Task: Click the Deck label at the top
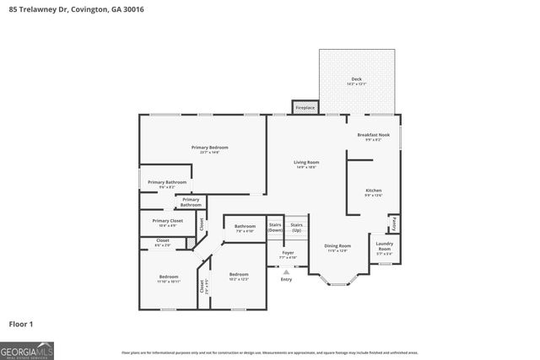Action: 356,79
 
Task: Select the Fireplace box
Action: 305,107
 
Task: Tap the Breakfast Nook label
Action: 373,135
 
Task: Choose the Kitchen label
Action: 373,191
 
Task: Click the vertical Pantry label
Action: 393,224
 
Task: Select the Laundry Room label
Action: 384,247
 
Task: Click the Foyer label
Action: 288,252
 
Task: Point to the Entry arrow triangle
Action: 287,272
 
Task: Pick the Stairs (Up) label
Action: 296,228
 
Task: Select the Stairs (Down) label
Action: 275,228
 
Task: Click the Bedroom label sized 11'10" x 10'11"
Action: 169,277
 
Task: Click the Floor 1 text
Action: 20,323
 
